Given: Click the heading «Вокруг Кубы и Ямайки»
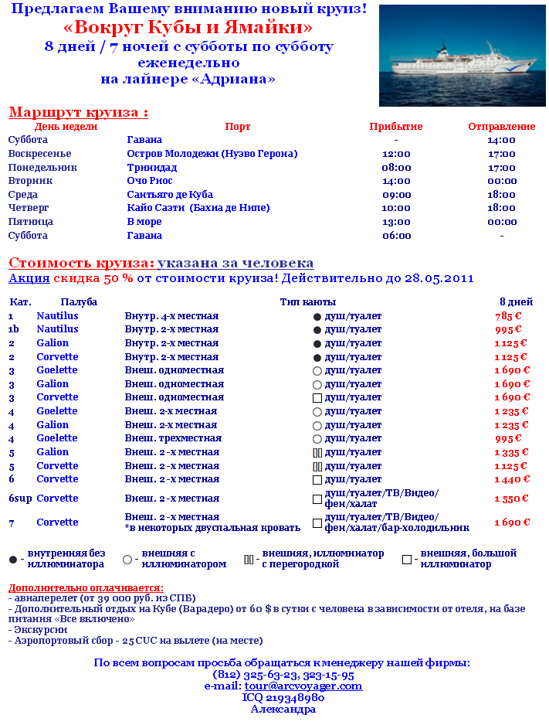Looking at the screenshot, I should pyautogui.click(x=188, y=28).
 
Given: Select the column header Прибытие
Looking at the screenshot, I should pyautogui.click(x=395, y=127).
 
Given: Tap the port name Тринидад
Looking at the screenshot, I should pyautogui.click(x=152, y=168).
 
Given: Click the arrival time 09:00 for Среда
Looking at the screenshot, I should pyautogui.click(x=396, y=195).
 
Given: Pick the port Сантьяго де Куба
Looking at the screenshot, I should pyautogui.click(x=170, y=195).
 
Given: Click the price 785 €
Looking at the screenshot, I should pyautogui.click(x=508, y=316).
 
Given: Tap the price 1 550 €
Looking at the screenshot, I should pyautogui.click(x=511, y=499).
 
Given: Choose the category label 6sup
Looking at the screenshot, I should pyautogui.click(x=20, y=499).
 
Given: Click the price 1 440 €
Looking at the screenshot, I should pyautogui.click(x=511, y=479).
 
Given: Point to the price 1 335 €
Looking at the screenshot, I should pyautogui.click(x=511, y=452).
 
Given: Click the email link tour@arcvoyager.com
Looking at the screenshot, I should pyautogui.click(x=303, y=686).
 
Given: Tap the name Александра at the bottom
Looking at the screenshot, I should pyautogui.click(x=283, y=709).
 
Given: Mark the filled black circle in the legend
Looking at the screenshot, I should pyautogui.click(x=13, y=559).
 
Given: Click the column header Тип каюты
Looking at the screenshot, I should pyautogui.click(x=307, y=302).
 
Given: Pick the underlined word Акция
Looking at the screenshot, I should pyautogui.click(x=29, y=278).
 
